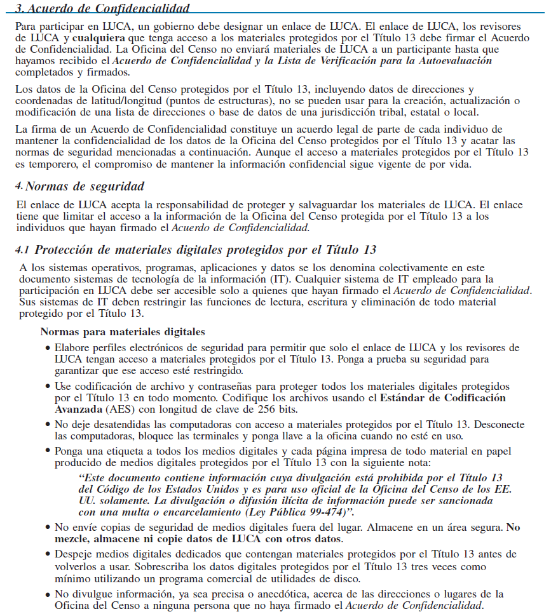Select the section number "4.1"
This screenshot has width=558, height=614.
point(24,250)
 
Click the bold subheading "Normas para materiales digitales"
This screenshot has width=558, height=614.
point(123,331)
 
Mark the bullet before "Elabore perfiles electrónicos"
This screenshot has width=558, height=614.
point(48,349)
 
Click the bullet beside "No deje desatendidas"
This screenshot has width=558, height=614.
point(48,425)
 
